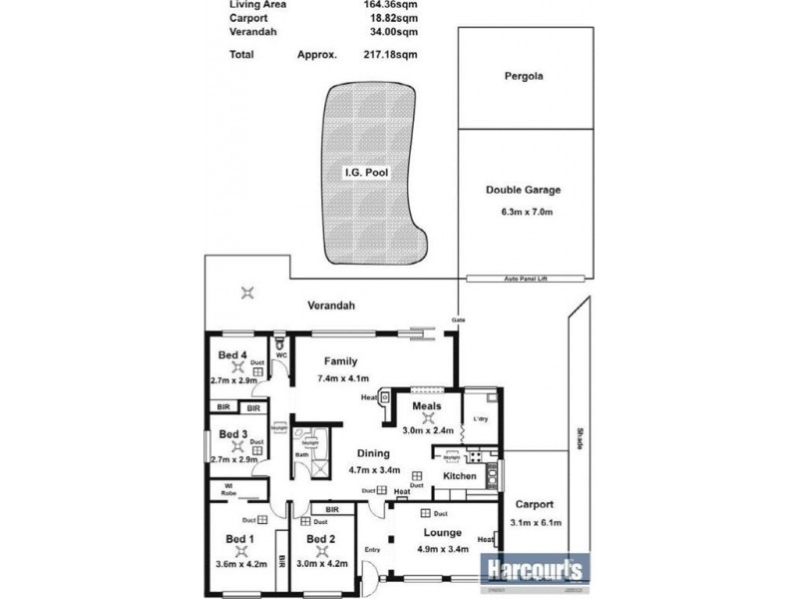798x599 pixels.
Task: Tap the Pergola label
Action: [x=524, y=76]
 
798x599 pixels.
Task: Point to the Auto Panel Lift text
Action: [x=523, y=280]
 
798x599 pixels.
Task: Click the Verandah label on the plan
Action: [x=330, y=306]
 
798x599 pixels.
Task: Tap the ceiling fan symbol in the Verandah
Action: [x=248, y=293]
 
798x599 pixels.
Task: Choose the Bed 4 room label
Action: [x=232, y=356]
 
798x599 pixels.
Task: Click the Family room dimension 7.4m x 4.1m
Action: [x=343, y=378]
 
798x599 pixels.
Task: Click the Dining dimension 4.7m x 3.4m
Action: [x=374, y=469]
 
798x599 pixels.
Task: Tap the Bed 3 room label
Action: [x=232, y=434]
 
